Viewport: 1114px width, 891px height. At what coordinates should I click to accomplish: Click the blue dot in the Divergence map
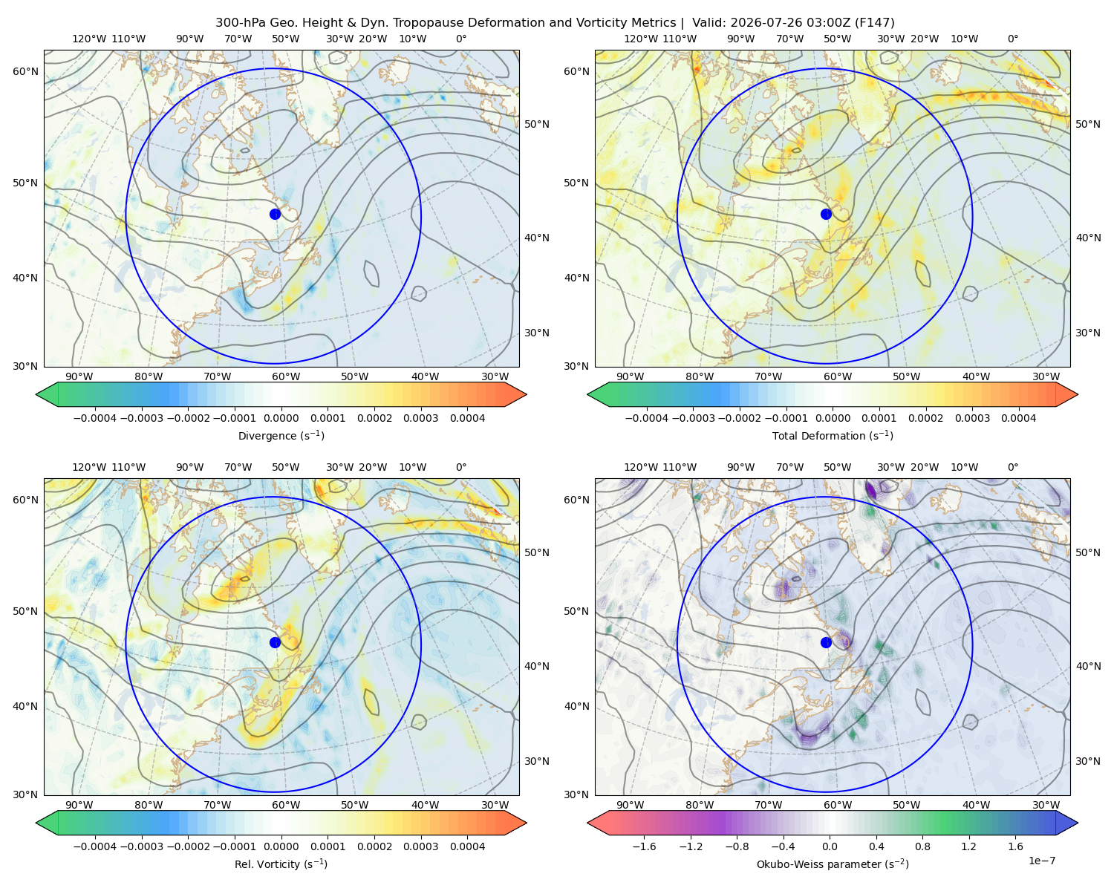point(275,214)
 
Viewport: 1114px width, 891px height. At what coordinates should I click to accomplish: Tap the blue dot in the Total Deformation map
point(826,214)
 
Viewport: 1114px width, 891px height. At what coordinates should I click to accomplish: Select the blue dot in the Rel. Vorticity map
point(275,642)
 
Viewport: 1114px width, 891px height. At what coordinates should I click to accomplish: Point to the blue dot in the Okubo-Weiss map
point(826,642)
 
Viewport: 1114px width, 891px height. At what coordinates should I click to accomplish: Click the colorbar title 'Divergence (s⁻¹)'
point(281,435)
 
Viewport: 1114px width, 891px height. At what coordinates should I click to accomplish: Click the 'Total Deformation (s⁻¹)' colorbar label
point(833,435)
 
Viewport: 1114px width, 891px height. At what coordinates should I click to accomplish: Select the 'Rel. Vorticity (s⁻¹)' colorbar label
point(281,864)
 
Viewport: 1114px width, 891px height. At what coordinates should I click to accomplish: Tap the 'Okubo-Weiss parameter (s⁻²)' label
point(833,864)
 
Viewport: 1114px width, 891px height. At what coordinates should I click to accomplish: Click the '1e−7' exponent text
point(1041,861)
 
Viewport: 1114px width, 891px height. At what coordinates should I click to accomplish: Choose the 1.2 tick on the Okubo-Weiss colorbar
point(968,846)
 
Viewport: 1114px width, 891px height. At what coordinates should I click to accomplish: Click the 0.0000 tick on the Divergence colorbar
point(281,418)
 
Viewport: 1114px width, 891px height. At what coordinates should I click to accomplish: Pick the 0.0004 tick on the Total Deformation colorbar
point(1018,418)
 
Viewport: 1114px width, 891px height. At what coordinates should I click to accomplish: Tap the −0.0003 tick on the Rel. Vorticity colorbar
point(141,846)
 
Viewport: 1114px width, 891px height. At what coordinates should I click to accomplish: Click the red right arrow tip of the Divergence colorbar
point(526,394)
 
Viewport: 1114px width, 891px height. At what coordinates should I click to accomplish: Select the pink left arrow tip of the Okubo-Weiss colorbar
point(588,823)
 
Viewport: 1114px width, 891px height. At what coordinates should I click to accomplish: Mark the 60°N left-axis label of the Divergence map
point(25,71)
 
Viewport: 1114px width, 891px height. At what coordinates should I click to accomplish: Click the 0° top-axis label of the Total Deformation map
point(1012,39)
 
